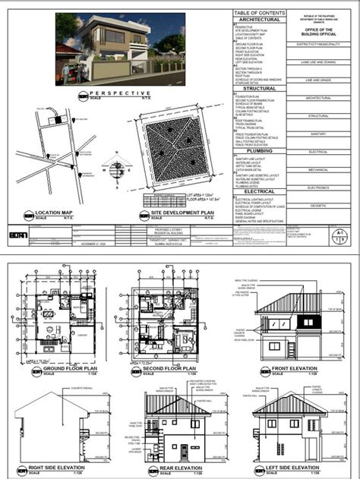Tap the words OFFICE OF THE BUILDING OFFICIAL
[313, 28]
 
